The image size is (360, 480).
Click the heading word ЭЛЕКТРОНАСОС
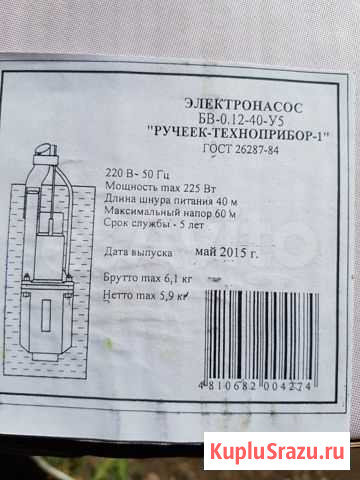(243, 107)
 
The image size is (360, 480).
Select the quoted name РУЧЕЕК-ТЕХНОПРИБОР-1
(238, 134)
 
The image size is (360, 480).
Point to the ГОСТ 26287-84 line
(241, 149)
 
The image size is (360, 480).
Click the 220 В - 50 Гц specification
(138, 174)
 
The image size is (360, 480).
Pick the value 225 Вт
(199, 188)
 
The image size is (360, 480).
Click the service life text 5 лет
(192, 225)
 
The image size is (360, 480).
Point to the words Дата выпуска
(138, 252)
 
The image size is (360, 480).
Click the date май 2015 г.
(226, 252)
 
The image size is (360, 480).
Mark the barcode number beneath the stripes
(255, 386)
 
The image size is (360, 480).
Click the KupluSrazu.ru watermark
(277, 451)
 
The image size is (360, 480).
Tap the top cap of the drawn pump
(46, 149)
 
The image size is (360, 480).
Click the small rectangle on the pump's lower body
(46, 315)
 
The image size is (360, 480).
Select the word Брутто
(120, 278)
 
